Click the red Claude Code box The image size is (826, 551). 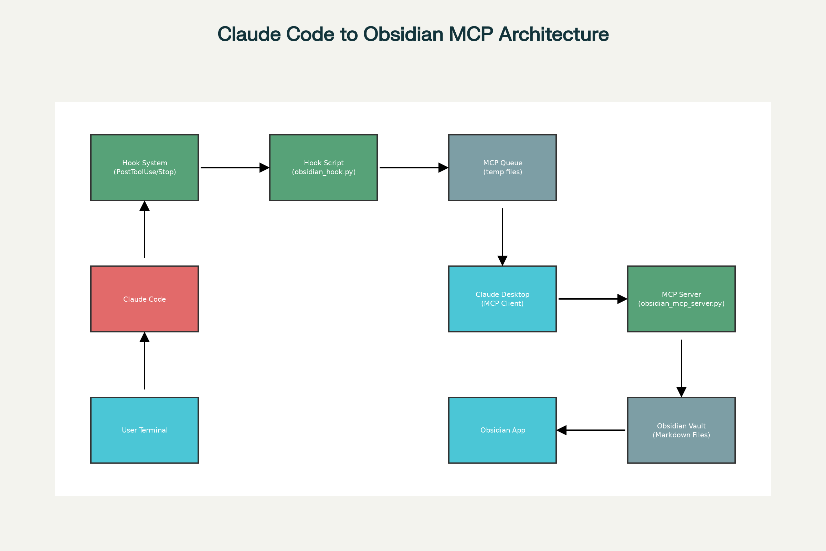pyautogui.click(x=144, y=299)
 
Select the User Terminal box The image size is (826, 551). pyautogui.click(x=144, y=430)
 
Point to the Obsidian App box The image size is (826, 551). pyautogui.click(x=502, y=430)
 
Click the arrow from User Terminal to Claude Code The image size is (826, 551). pyautogui.click(x=144, y=362)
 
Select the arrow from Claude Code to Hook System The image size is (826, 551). pyautogui.click(x=144, y=231)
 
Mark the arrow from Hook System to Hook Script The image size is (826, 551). pyautogui.click(x=234, y=168)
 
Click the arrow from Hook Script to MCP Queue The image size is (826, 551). pyautogui.click(x=413, y=168)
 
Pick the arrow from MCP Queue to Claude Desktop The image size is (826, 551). pyautogui.click(x=502, y=236)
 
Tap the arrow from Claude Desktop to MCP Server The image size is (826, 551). pyautogui.click(x=591, y=299)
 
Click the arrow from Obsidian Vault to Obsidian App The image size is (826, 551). pyautogui.click(x=592, y=430)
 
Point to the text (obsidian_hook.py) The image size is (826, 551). pyautogui.click(x=324, y=172)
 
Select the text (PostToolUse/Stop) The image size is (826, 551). pyautogui.click(x=144, y=172)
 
